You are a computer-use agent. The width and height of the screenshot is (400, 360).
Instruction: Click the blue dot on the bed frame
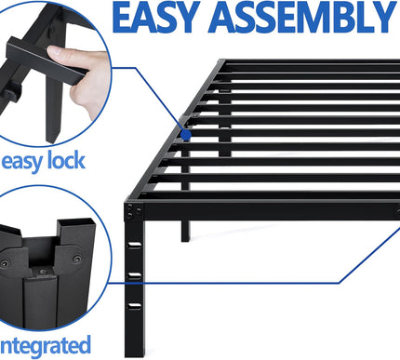coord(188,134)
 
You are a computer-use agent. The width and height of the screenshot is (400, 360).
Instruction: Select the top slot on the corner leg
coord(136,246)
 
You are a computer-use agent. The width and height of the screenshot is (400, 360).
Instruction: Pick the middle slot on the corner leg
coord(136,275)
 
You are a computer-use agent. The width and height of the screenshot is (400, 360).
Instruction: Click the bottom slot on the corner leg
coord(136,305)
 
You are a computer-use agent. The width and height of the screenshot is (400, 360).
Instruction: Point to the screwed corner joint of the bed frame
coord(136,212)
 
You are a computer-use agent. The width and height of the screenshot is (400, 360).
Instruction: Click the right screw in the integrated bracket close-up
coord(86,261)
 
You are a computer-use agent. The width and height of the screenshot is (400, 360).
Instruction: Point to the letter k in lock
coord(104,160)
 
